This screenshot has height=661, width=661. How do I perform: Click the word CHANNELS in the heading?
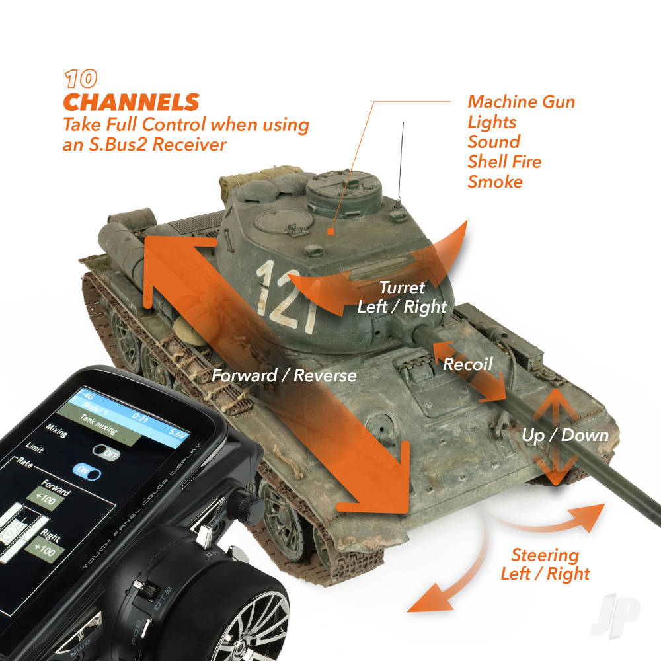point(131,102)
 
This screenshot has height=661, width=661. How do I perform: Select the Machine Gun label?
point(521,102)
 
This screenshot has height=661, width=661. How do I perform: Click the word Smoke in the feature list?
point(495,182)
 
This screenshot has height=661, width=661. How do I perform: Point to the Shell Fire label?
point(504,162)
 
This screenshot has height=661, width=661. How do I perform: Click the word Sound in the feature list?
point(494,142)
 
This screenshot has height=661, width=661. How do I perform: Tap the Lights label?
point(492,122)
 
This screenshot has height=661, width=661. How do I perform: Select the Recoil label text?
point(467,364)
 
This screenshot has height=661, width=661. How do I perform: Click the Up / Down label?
point(564,435)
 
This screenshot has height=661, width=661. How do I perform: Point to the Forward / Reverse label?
point(284,376)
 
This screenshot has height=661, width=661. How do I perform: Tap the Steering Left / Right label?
point(545,564)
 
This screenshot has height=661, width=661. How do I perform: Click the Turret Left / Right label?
point(402,297)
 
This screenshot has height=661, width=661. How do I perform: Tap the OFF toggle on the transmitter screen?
point(106,453)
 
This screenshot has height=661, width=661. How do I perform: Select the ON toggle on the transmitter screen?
point(87,472)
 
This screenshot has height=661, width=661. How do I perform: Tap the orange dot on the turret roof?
point(332,232)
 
